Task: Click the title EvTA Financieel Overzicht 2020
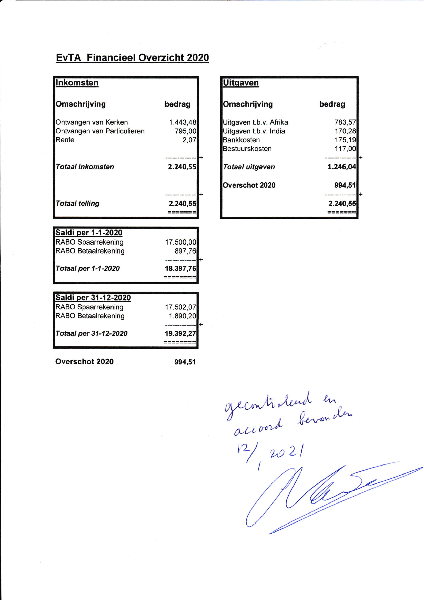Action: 132,58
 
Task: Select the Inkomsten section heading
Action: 77,83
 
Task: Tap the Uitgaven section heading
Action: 240,83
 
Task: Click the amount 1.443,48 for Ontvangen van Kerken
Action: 183,122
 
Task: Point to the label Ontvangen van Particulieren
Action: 100,131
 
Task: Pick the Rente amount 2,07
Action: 189,140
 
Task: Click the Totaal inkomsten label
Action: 85,167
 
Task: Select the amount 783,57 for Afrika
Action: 345,122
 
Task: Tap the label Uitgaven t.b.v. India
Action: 254,131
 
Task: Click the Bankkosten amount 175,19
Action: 345,140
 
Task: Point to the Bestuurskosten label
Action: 247,149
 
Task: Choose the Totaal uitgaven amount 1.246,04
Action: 341,167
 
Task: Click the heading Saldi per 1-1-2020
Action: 89,233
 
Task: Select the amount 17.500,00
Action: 180,242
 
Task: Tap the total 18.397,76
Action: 180,269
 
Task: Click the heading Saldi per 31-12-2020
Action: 93,298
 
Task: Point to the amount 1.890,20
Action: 182,316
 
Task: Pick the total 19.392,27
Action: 180,333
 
